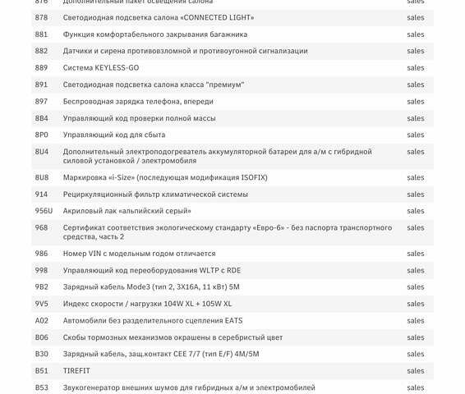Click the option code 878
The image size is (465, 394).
pos(41,17)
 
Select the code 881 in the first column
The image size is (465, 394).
pos(41,34)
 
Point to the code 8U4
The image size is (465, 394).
pos(41,152)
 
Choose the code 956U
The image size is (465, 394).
pos(44,211)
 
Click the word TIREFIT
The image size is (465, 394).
pos(76,371)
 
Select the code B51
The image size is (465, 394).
pos(41,371)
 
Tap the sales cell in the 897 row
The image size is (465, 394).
pos(416,101)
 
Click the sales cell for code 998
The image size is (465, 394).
pos(416,270)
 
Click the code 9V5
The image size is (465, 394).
pos(41,304)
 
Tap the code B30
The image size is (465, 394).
pos(41,354)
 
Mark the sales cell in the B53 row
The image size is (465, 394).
pos(416,387)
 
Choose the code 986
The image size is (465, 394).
pos(41,254)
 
